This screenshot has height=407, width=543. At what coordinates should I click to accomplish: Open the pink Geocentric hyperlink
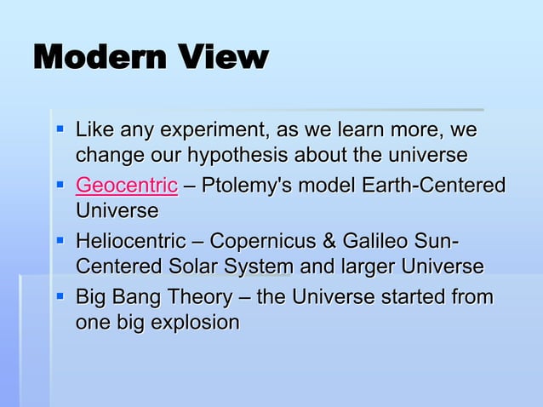coord(127,186)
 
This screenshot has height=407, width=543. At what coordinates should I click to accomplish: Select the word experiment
coord(202,131)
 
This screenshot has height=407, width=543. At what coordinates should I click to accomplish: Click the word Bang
coord(139,297)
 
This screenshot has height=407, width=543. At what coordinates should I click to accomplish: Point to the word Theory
coord(199,297)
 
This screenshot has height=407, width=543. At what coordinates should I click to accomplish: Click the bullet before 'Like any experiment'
coord(60,131)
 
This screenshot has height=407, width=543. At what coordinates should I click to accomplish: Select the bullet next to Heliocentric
coord(60,241)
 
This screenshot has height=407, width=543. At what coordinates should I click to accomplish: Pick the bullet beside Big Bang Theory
coord(60,297)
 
